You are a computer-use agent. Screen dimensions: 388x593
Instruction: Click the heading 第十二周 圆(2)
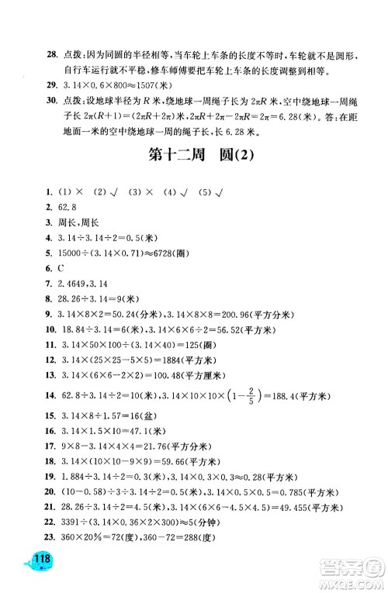coord(194,158)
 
